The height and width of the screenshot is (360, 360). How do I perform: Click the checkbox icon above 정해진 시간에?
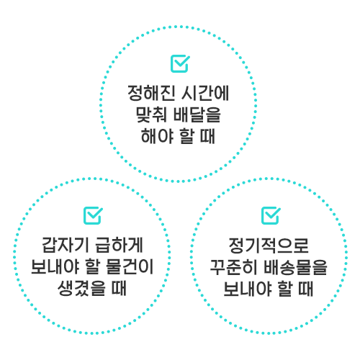[180, 63]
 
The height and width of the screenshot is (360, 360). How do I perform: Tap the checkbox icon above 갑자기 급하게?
[93, 215]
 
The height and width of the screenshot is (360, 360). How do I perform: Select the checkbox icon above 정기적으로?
[271, 215]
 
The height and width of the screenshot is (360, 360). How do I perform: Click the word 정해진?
[151, 93]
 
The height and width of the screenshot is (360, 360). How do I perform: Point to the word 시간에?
[205, 93]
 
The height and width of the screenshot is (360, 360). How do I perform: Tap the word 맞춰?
[151, 114]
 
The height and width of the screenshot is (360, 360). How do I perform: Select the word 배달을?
[197, 114]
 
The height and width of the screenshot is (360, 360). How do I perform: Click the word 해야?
[157, 136]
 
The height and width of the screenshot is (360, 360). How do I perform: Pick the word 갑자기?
[66, 245]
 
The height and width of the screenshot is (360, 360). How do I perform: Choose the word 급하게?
[120, 245]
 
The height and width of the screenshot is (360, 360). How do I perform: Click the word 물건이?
[130, 266]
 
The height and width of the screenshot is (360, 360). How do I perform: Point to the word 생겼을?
[81, 288]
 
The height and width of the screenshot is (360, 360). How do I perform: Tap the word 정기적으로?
[269, 246]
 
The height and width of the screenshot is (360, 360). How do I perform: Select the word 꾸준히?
[234, 267]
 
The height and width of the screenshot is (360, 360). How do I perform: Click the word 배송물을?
[296, 267]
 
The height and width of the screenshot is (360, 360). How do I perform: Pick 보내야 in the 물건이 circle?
[55, 266]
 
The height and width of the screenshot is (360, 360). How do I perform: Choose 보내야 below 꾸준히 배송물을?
[248, 289]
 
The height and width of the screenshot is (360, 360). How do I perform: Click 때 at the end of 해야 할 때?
[207, 136]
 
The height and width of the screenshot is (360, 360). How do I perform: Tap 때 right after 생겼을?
[119, 288]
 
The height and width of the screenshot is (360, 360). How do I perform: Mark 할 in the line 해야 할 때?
[186, 136]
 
